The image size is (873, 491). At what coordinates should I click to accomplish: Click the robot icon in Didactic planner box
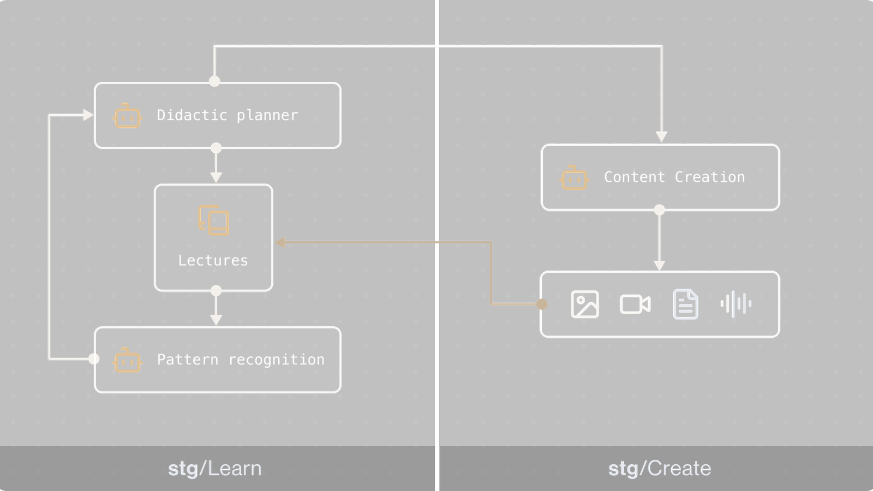(x=127, y=116)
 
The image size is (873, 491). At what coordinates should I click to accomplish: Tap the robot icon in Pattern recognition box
(x=127, y=360)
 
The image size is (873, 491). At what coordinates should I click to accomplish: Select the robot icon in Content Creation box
(x=574, y=178)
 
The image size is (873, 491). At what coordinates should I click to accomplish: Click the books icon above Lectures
(x=213, y=220)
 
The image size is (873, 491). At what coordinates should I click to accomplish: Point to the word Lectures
(x=213, y=261)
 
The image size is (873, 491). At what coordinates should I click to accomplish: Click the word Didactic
(x=192, y=115)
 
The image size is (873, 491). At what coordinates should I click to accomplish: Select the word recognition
(x=276, y=360)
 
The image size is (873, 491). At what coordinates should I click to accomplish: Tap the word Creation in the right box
(x=709, y=177)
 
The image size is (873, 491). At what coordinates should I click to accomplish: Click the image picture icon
(x=584, y=304)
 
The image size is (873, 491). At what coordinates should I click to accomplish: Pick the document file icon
(x=685, y=304)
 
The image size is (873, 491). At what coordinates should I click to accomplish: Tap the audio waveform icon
(x=736, y=304)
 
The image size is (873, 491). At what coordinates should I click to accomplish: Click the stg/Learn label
(x=214, y=469)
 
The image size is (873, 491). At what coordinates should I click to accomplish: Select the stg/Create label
(x=659, y=469)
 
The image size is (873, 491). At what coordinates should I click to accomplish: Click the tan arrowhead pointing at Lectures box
(x=280, y=242)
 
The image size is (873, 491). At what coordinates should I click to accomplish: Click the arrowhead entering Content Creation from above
(x=661, y=137)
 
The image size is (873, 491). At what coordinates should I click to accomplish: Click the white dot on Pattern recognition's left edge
(x=94, y=358)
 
